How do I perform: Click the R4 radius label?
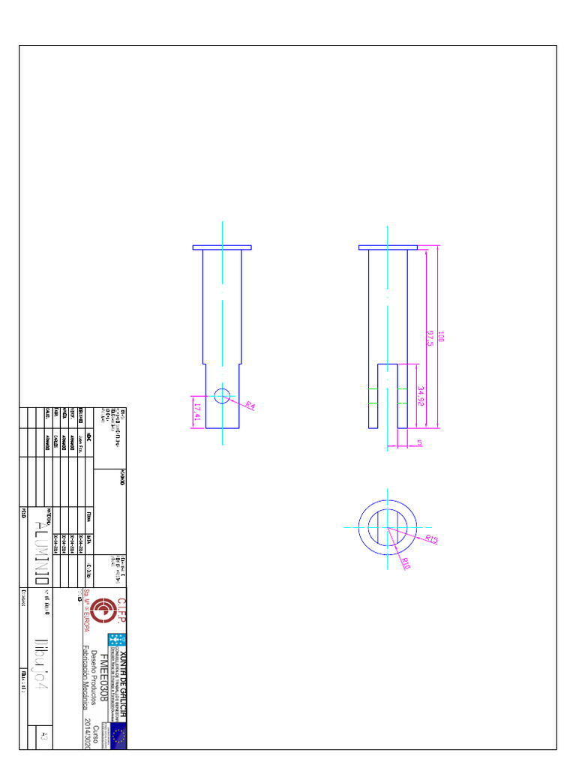[250, 406]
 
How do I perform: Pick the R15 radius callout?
[430, 539]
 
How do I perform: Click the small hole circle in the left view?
[222, 396]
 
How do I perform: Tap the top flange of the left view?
[222, 247]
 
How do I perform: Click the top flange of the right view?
[388, 247]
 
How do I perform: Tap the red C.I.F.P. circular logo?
[109, 610]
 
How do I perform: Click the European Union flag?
[118, 736]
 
